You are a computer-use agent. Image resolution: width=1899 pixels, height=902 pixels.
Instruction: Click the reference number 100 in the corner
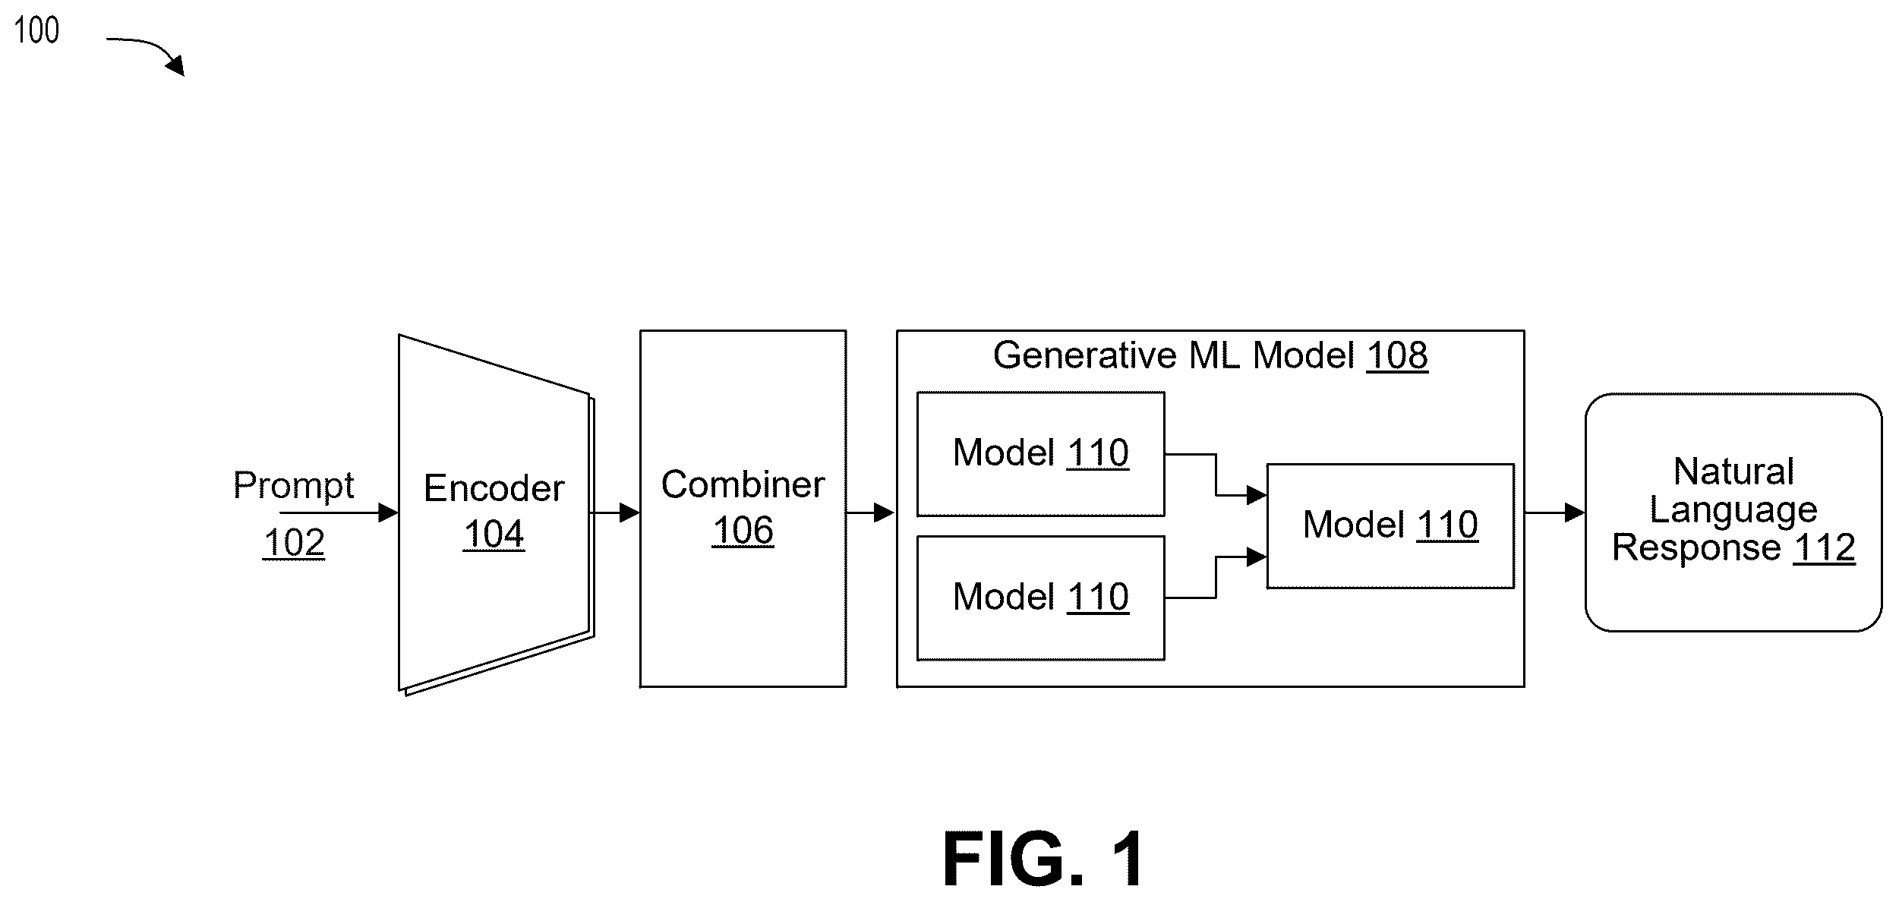click(x=36, y=30)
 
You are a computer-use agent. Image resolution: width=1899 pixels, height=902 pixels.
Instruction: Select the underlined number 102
click(x=294, y=542)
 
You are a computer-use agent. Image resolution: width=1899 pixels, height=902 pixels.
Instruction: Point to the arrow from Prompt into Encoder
click(x=339, y=513)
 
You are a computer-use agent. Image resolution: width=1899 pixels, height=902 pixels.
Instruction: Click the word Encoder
click(x=494, y=487)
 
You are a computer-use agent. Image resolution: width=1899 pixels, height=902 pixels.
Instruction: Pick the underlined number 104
click(x=494, y=534)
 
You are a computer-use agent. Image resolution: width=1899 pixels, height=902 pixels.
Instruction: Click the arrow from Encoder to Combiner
click(x=614, y=513)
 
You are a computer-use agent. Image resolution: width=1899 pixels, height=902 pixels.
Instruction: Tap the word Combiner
click(x=743, y=484)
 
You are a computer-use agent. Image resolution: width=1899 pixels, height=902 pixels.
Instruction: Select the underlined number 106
click(x=743, y=530)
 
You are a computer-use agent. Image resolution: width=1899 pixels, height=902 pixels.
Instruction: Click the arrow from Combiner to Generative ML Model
click(x=871, y=513)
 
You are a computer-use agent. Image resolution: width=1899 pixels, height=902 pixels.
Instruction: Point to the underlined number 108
click(x=1397, y=355)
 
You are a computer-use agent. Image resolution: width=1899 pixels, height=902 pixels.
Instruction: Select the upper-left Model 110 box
click(x=1040, y=454)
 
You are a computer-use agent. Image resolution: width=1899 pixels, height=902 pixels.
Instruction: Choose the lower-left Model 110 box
click(x=1040, y=598)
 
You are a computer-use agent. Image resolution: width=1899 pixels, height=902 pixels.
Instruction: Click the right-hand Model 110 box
click(x=1390, y=526)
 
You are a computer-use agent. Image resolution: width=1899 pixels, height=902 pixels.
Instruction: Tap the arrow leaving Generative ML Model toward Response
click(x=1554, y=513)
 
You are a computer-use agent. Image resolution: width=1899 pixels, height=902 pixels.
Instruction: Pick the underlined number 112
click(x=1825, y=547)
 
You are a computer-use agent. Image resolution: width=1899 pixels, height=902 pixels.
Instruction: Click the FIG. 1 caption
click(x=1043, y=859)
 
